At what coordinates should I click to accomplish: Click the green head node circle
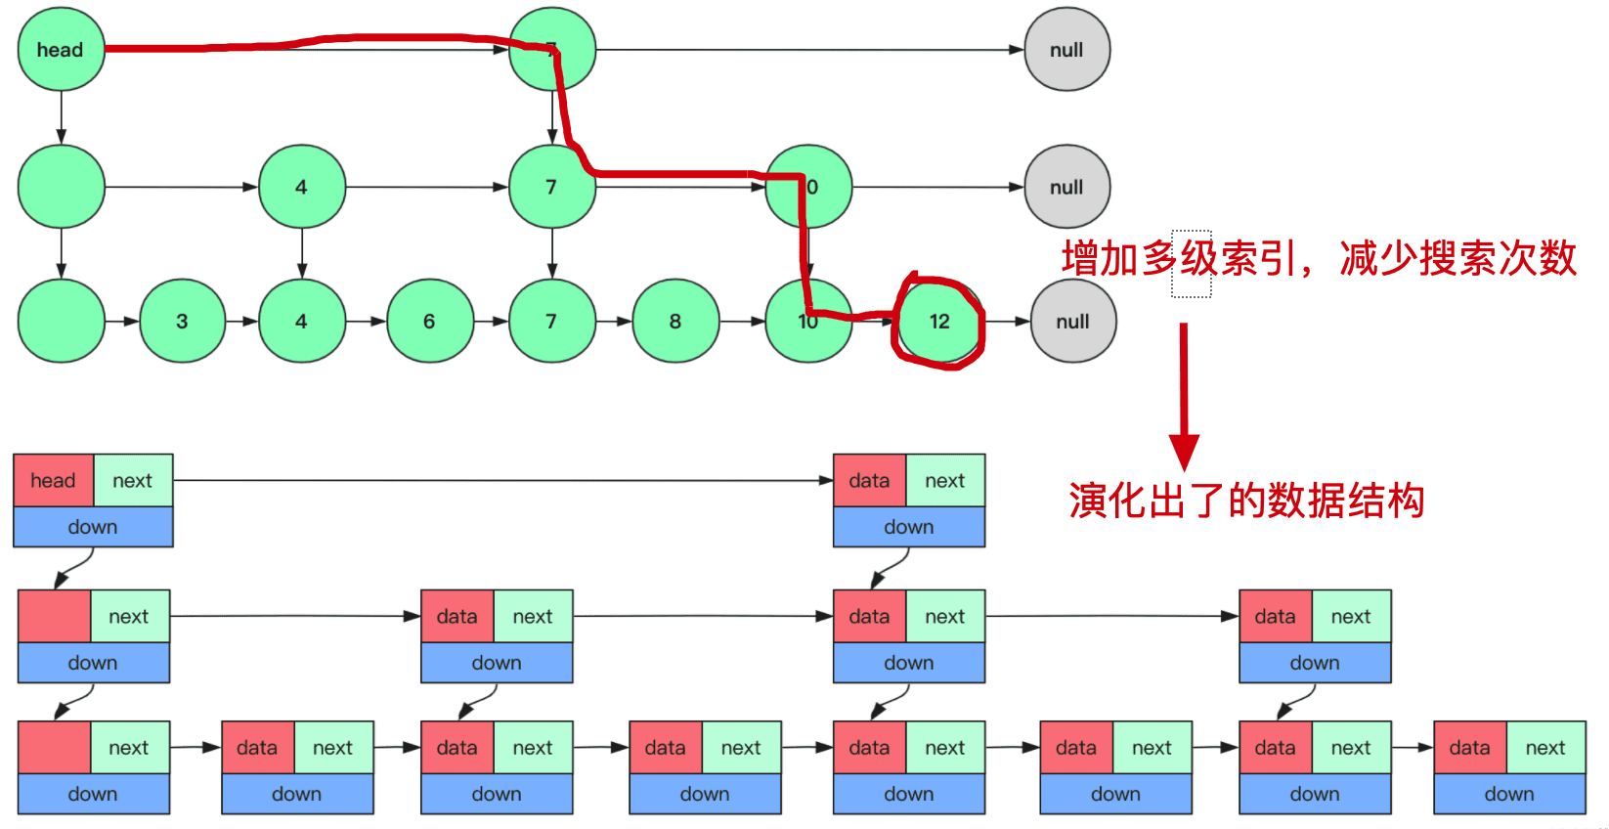(x=61, y=50)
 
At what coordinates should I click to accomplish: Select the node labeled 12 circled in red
(x=939, y=322)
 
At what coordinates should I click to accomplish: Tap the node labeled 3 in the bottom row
(x=182, y=322)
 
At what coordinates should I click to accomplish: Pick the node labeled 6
(x=429, y=322)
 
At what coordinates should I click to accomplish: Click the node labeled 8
(x=675, y=322)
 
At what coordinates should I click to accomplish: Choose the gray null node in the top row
(x=1066, y=50)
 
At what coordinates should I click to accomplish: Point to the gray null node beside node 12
(x=1072, y=322)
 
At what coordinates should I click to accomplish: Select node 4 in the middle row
(x=301, y=187)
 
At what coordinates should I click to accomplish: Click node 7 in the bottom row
(x=551, y=322)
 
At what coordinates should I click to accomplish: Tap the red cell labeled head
(x=53, y=480)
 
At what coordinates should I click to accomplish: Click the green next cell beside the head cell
(x=132, y=480)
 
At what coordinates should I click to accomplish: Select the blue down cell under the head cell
(x=93, y=527)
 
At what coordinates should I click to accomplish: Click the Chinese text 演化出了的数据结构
(x=1246, y=501)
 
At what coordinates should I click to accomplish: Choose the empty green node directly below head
(x=61, y=187)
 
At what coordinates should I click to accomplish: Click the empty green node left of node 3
(x=61, y=322)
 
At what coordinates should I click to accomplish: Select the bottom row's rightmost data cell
(x=1469, y=748)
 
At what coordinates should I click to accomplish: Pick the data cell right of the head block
(x=869, y=480)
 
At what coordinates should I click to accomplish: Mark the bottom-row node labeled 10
(x=807, y=322)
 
